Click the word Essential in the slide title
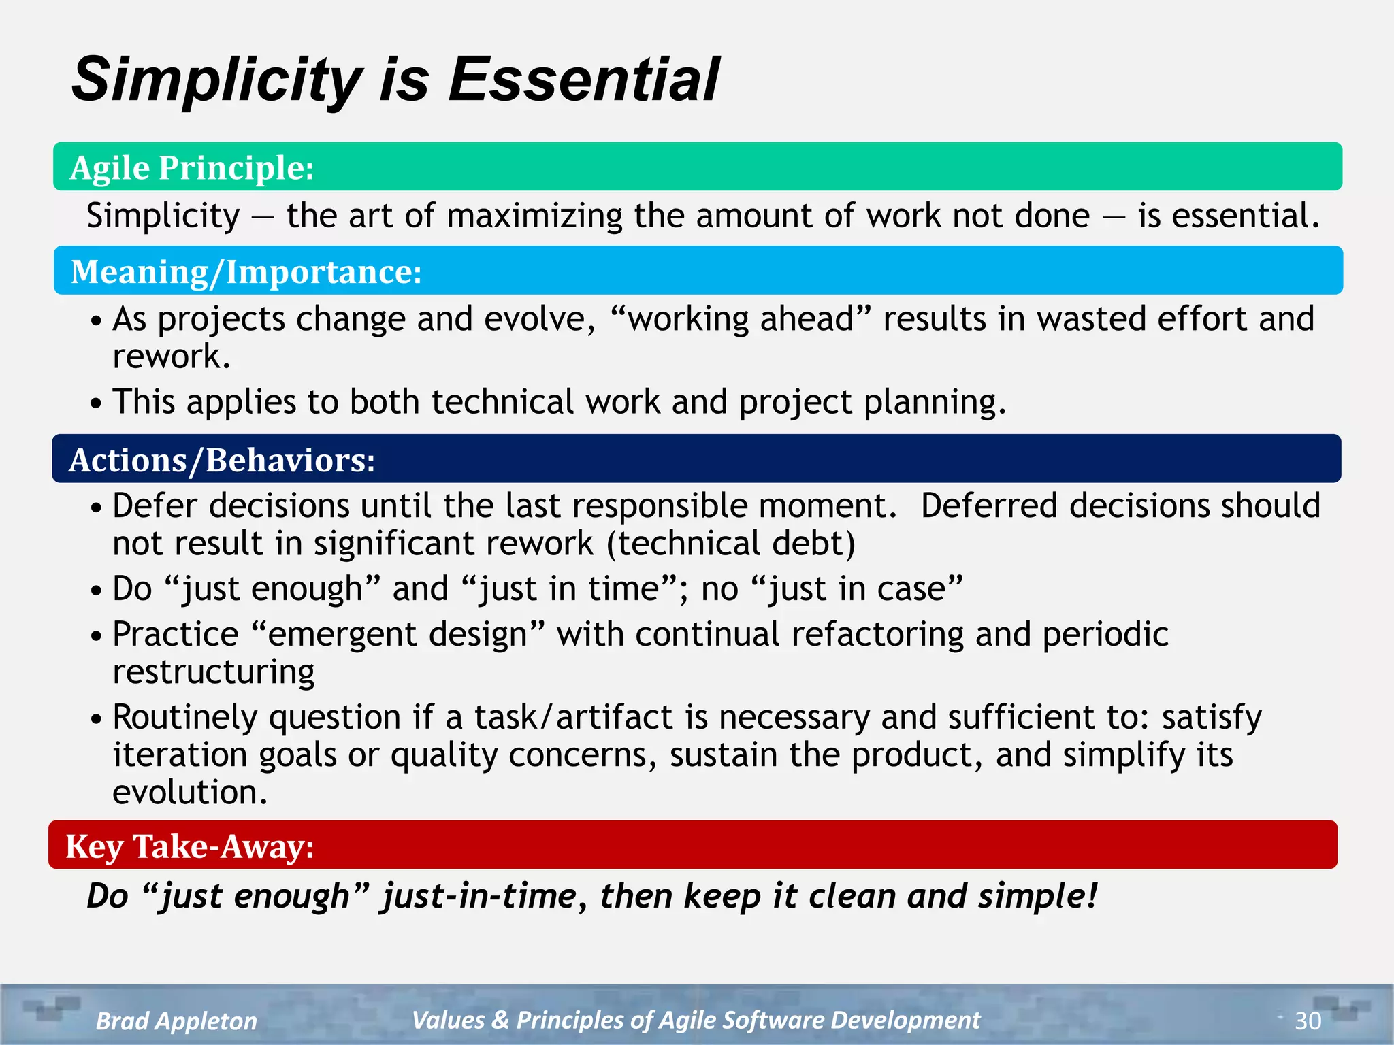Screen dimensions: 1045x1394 (583, 80)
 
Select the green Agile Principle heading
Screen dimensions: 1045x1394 (192, 167)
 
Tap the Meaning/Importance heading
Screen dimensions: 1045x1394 (246, 271)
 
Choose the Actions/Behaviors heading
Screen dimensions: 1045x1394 (222, 460)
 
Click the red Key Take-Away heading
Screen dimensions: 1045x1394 (189, 846)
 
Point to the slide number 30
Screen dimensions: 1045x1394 (1308, 1021)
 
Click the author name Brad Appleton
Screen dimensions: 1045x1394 (176, 1021)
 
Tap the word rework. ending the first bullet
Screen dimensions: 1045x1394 (172, 356)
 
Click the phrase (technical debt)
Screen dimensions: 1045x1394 (731, 544)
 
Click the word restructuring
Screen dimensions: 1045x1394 (214, 672)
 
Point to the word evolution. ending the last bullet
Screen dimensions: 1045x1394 (190, 793)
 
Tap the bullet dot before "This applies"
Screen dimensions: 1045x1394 (96, 403)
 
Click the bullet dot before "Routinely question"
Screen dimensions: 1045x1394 (96, 718)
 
